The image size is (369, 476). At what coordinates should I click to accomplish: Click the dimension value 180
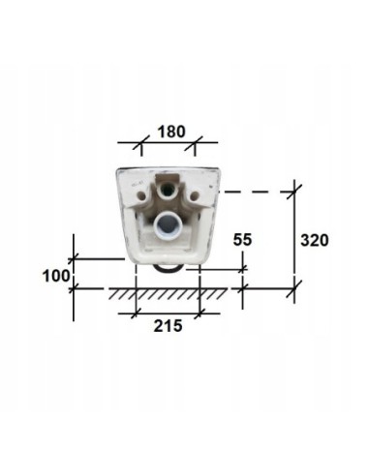tap(171, 132)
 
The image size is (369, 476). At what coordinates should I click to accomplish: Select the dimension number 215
tap(168, 326)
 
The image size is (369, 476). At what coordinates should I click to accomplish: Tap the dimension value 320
tap(315, 240)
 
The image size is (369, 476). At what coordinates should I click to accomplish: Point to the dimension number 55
tap(242, 240)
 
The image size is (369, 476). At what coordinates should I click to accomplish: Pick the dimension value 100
tap(56, 276)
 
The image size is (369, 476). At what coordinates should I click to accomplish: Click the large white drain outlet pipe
tap(168, 225)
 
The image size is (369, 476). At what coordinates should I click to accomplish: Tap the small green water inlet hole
tap(167, 191)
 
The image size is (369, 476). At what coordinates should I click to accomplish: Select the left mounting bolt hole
tap(141, 195)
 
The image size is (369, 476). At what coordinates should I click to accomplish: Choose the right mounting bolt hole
tap(195, 195)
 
